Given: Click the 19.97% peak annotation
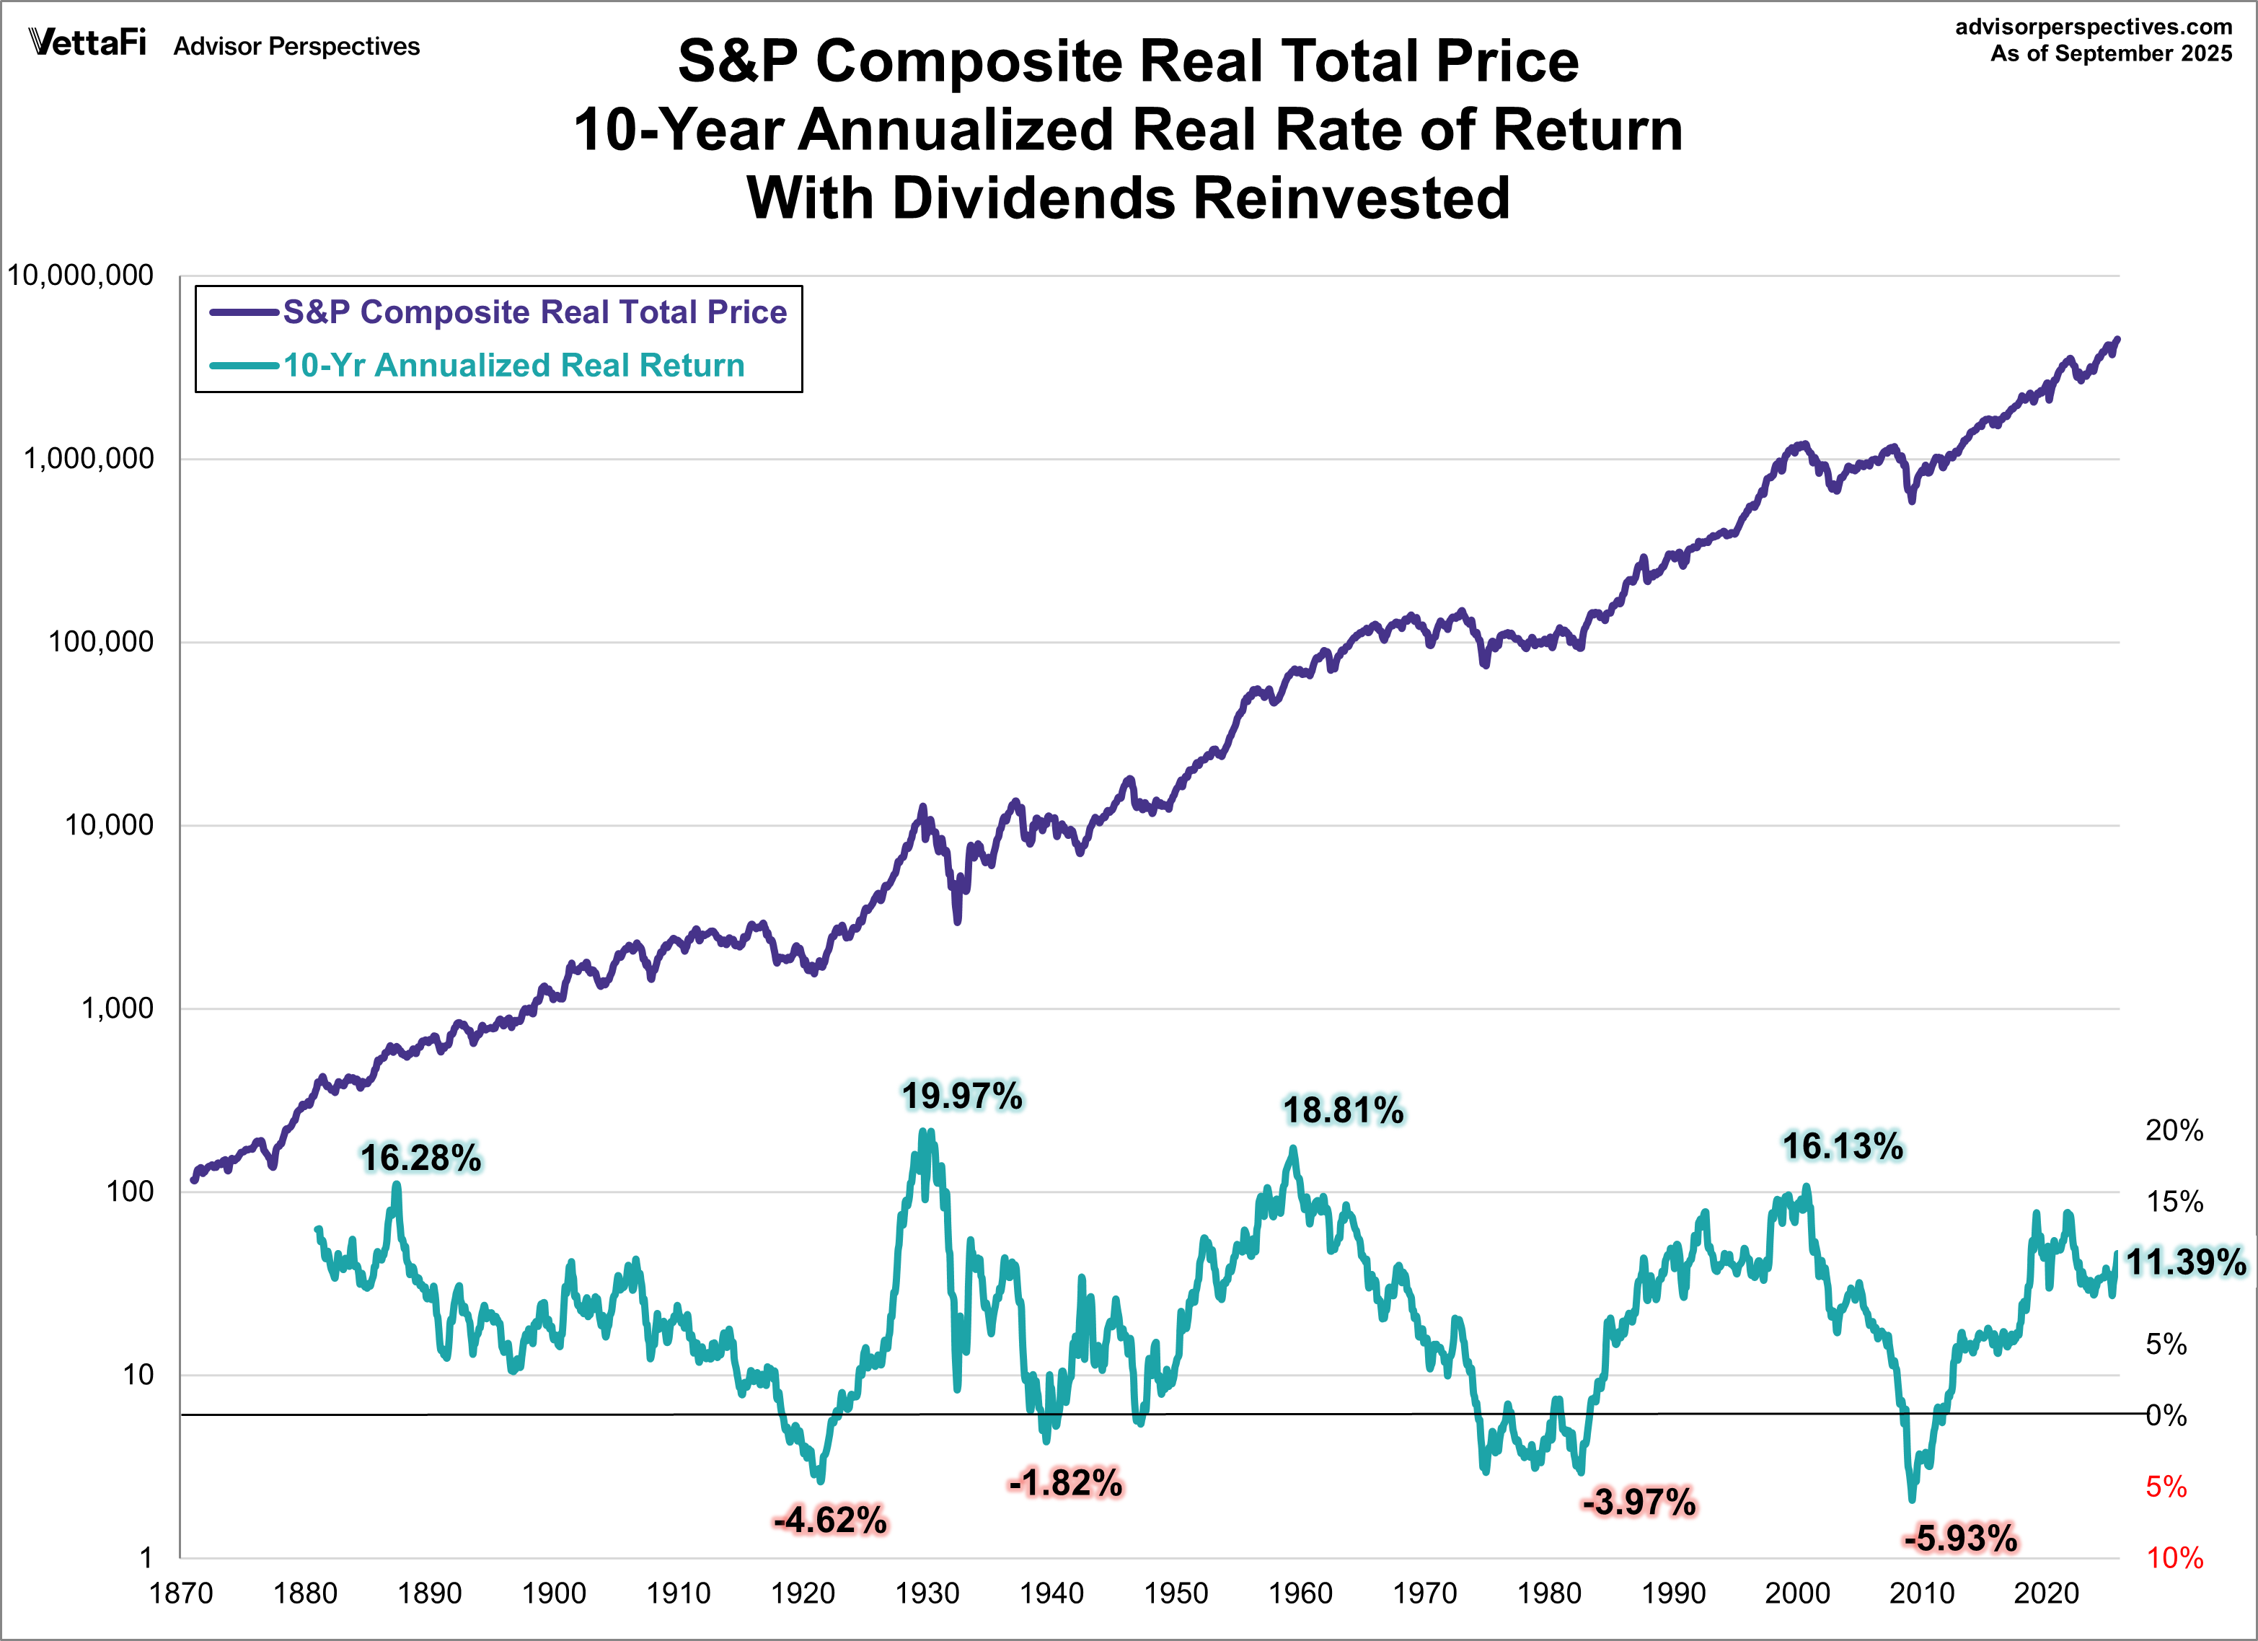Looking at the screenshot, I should click(x=962, y=1096).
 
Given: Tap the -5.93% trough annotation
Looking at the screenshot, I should click(x=1960, y=1539).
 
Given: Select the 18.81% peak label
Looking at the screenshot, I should click(x=1343, y=1110).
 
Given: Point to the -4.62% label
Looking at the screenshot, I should click(x=830, y=1521).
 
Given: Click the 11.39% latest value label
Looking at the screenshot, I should click(x=2187, y=1262).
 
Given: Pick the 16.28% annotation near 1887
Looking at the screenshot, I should click(x=420, y=1158).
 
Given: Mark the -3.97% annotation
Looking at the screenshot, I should click(x=1639, y=1502).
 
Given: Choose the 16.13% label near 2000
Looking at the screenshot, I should click(x=1843, y=1146).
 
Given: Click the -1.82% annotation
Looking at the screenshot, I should click(x=1065, y=1483).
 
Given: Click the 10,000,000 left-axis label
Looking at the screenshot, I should click(x=81, y=276).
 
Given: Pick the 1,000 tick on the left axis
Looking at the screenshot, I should click(x=117, y=1008).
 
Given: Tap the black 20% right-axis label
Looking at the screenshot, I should click(x=2174, y=1130).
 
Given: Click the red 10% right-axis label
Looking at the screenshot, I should click(x=2174, y=1558).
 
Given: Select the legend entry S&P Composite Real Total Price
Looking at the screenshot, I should click(x=534, y=312).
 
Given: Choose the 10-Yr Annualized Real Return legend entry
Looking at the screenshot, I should click(x=513, y=366).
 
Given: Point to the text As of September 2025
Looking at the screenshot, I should click(x=2112, y=54).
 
